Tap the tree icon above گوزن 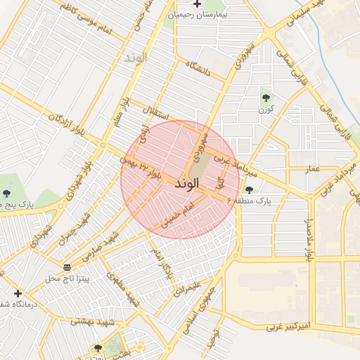pos(266,98)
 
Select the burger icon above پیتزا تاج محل pos(67,267)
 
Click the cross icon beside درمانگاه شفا pos(18,293)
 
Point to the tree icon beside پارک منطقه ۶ pos(248,189)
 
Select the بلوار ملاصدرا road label pos(308,240)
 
